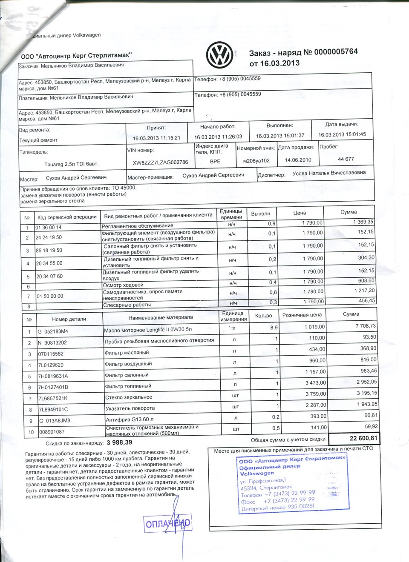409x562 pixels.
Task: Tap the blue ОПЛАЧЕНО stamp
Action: pos(168,523)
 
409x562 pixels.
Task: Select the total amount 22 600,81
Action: pos(363,438)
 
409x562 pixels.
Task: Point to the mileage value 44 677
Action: pos(346,159)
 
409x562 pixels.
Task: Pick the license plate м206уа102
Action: pos(256,161)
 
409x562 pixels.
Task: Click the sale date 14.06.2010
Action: pos(295,160)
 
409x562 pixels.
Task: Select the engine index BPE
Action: pos(215,162)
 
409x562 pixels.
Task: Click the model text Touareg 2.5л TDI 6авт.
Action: pos(71,164)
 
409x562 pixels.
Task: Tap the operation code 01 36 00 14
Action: pos(49,228)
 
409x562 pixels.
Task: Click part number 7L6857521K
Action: pos(53,399)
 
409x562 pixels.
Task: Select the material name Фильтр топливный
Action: pos(128,386)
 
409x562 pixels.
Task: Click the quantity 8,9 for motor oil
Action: pos(274,328)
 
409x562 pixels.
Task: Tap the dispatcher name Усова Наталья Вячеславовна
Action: pos(329,173)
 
